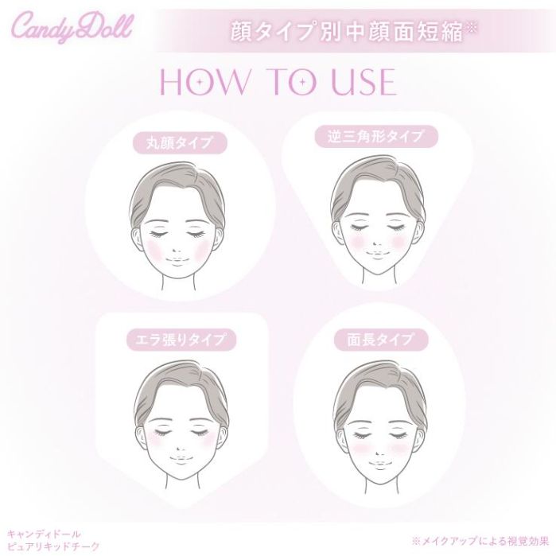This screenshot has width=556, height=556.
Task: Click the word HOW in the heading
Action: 205,82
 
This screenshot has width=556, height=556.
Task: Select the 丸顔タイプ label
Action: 180,143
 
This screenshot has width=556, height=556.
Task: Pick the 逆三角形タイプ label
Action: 376,136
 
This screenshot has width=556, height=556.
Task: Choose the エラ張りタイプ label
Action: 181,340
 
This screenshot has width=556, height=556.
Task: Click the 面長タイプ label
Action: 381,340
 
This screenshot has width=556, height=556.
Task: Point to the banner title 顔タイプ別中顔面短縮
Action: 348,33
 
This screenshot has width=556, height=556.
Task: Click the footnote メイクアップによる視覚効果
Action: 480,541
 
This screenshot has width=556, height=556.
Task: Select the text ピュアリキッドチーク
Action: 53,546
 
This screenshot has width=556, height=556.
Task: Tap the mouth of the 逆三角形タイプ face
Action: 377,255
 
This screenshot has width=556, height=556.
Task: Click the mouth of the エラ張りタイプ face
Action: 181,460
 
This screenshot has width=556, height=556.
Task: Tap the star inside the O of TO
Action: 302,82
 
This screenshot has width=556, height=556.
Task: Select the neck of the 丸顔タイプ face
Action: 178,284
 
